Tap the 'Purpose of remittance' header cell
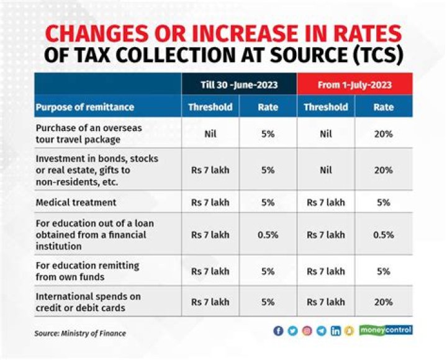(85, 107)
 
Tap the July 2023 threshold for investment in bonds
(325, 170)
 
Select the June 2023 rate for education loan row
(268, 235)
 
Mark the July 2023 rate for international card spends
(383, 302)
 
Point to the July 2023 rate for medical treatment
(383, 202)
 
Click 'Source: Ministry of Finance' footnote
(80, 333)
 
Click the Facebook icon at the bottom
(279, 331)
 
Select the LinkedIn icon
(336, 331)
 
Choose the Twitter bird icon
(293, 331)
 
